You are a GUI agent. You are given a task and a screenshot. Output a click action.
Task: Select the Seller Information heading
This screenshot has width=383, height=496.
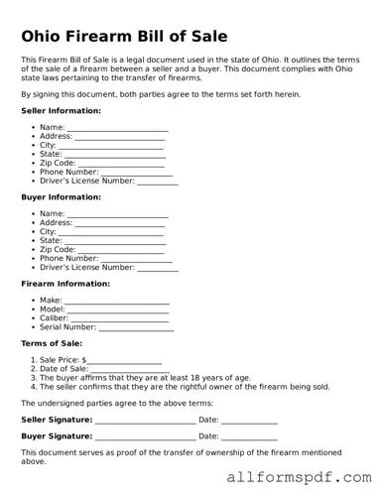pos(61,110)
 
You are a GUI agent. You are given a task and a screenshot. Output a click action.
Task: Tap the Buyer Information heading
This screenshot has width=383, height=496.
pos(61,196)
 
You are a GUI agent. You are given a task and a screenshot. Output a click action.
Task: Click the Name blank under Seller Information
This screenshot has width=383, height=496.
pos(117,129)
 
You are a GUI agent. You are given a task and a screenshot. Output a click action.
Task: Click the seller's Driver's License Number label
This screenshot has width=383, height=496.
pos(86,182)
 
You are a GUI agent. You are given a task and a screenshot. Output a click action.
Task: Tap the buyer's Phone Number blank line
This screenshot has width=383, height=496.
pos(136,259)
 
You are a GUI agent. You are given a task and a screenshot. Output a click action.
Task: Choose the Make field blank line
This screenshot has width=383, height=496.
pos(117,301)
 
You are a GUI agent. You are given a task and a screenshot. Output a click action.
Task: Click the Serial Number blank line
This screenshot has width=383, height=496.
pos(136,327)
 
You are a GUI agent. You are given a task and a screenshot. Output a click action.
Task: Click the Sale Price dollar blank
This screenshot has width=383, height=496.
pos(124,361)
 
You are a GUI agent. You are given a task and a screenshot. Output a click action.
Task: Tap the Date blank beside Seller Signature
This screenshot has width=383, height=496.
pos(249,420)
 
